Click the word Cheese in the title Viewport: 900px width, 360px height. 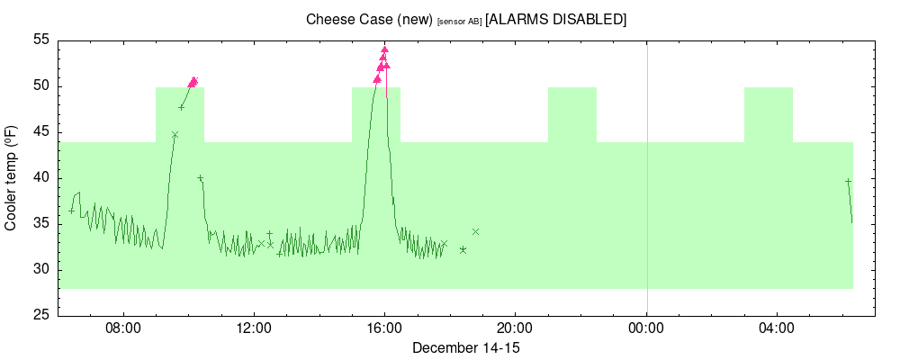pyautogui.click(x=328, y=19)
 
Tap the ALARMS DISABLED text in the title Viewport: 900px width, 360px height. pyautogui.click(x=555, y=19)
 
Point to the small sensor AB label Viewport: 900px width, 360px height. pyautogui.click(x=459, y=21)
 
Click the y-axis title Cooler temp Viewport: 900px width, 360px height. pyautogui.click(x=12, y=178)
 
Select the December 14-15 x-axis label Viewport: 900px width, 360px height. pyautogui.click(x=465, y=347)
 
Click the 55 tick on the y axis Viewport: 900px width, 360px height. pyautogui.click(x=40, y=40)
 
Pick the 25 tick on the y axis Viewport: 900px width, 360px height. pyautogui.click(x=40, y=316)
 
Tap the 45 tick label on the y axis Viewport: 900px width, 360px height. pyautogui.click(x=40, y=132)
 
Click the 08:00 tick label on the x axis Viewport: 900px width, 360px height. pyautogui.click(x=122, y=329)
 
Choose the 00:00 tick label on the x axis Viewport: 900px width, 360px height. pyautogui.click(x=646, y=329)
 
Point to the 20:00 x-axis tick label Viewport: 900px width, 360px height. pyautogui.click(x=515, y=329)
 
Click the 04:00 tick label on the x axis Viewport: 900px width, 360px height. pyautogui.click(x=777, y=329)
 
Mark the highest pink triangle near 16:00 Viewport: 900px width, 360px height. pyautogui.click(x=384, y=50)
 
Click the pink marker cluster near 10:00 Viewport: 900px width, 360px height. pyautogui.click(x=193, y=82)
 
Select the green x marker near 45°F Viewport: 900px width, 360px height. pyautogui.click(x=175, y=135)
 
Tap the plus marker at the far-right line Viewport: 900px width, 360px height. pyautogui.click(x=848, y=181)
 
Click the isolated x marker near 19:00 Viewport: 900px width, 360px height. pyautogui.click(x=475, y=231)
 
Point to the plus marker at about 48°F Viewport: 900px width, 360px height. pyautogui.click(x=181, y=107)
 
